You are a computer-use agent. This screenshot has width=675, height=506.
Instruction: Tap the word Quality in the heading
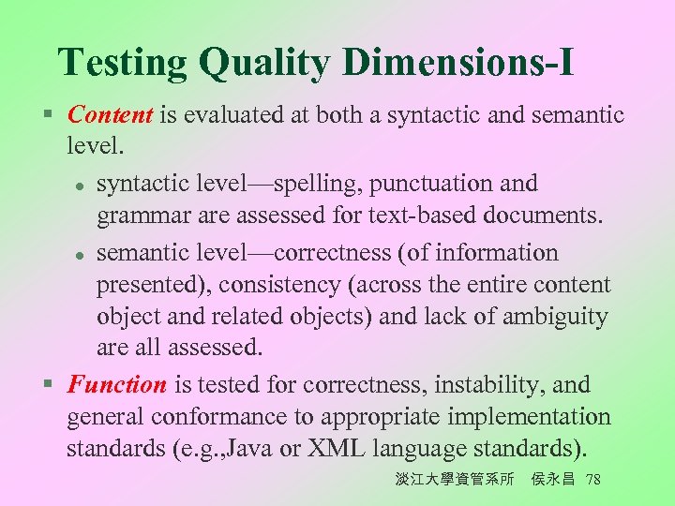point(264,63)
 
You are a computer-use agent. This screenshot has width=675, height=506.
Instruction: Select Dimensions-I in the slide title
point(458,63)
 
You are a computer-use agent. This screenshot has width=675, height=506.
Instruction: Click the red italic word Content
point(111,115)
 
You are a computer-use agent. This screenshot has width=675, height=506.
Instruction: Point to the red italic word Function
point(117,384)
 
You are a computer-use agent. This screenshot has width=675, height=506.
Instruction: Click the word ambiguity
point(556,317)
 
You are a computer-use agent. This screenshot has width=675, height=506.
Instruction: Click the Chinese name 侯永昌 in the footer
point(552,480)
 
